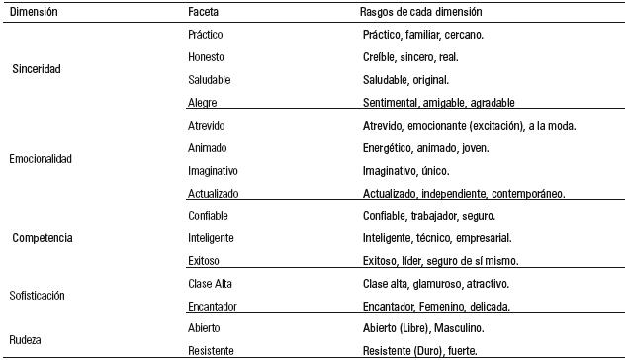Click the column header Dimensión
tap(33, 13)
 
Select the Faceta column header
tap(205, 13)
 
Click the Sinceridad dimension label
tap(38, 69)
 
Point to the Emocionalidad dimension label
tap(41, 158)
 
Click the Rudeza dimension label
tap(28, 340)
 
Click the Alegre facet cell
tap(203, 102)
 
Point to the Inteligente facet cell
tap(212, 238)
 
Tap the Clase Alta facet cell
tap(210, 284)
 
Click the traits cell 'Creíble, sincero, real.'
tap(410, 57)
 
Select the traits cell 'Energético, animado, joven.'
tap(426, 148)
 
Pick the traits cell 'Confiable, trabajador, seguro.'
tap(429, 216)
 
